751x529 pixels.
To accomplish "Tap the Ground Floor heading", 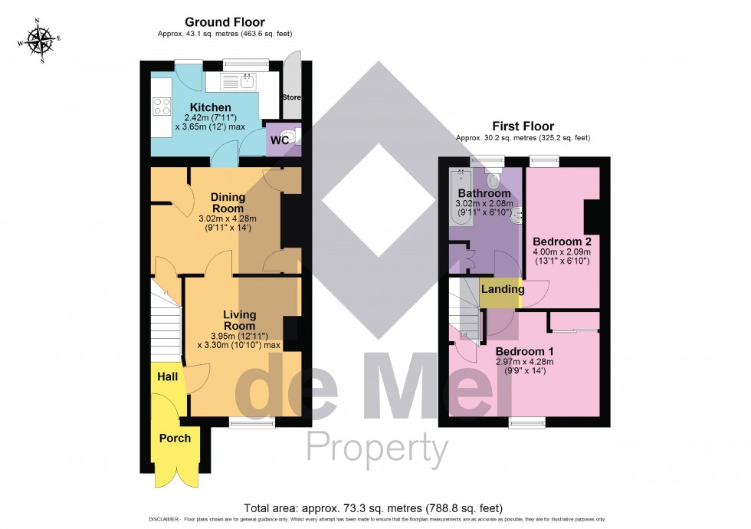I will [x=225, y=23].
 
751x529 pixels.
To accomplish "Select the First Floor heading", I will [x=525, y=127].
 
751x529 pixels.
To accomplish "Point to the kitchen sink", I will [x=247, y=80].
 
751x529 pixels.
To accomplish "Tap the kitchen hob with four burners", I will [x=162, y=106].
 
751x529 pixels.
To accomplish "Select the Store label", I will [x=292, y=98].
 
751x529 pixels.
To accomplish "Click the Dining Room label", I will [x=228, y=203].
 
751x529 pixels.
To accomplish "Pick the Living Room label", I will [x=239, y=320].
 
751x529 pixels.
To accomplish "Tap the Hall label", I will [x=167, y=377].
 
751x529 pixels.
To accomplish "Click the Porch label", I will [x=174, y=438].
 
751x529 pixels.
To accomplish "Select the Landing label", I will [x=503, y=290].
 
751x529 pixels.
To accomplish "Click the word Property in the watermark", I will [x=377, y=447].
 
